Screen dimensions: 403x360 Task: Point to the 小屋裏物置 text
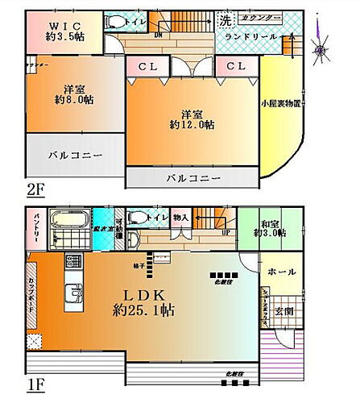(281, 103)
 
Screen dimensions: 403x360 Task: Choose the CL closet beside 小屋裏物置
(234, 66)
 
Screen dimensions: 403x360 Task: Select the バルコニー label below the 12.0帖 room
(192, 178)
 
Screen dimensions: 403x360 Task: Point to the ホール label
(280, 272)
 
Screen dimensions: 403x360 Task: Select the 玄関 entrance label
(286, 313)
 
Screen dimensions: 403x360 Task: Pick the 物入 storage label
(180, 216)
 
